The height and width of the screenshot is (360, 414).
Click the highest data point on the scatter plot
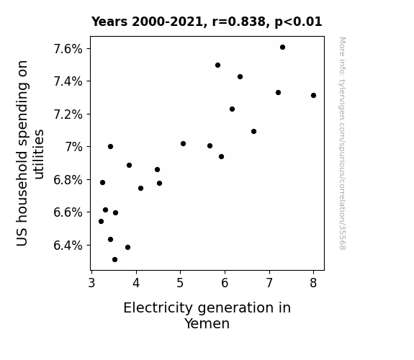pos(282,48)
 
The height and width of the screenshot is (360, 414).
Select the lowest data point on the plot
pos(114,260)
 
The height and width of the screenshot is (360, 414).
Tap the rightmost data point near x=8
pos(313,95)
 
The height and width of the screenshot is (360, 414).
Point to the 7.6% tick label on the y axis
pos(68,49)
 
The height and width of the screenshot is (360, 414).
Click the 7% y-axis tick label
pos(74,147)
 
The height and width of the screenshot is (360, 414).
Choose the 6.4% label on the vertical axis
pos(68,246)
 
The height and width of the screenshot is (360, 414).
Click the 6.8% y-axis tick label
pos(68,180)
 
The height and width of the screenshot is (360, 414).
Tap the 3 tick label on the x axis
pos(91,283)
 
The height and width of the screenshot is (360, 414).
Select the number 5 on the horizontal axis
pos(180,283)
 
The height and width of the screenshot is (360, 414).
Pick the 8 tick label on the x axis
pos(313,283)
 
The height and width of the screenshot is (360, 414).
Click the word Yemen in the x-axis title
pos(207,324)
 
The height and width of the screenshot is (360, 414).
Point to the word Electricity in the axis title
pos(158,308)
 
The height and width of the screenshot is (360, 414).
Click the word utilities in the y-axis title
pos(39,154)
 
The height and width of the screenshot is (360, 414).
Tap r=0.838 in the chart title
pos(239,22)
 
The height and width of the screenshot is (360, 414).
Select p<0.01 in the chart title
pos(298,22)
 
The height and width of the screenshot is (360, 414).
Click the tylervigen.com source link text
pos(342,143)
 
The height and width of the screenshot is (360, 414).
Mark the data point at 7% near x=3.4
pos(110,147)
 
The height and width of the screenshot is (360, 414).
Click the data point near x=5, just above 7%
pos(183,144)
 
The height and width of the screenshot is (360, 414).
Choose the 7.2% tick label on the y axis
pos(68,114)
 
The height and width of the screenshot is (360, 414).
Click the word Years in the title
pos(109,22)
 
